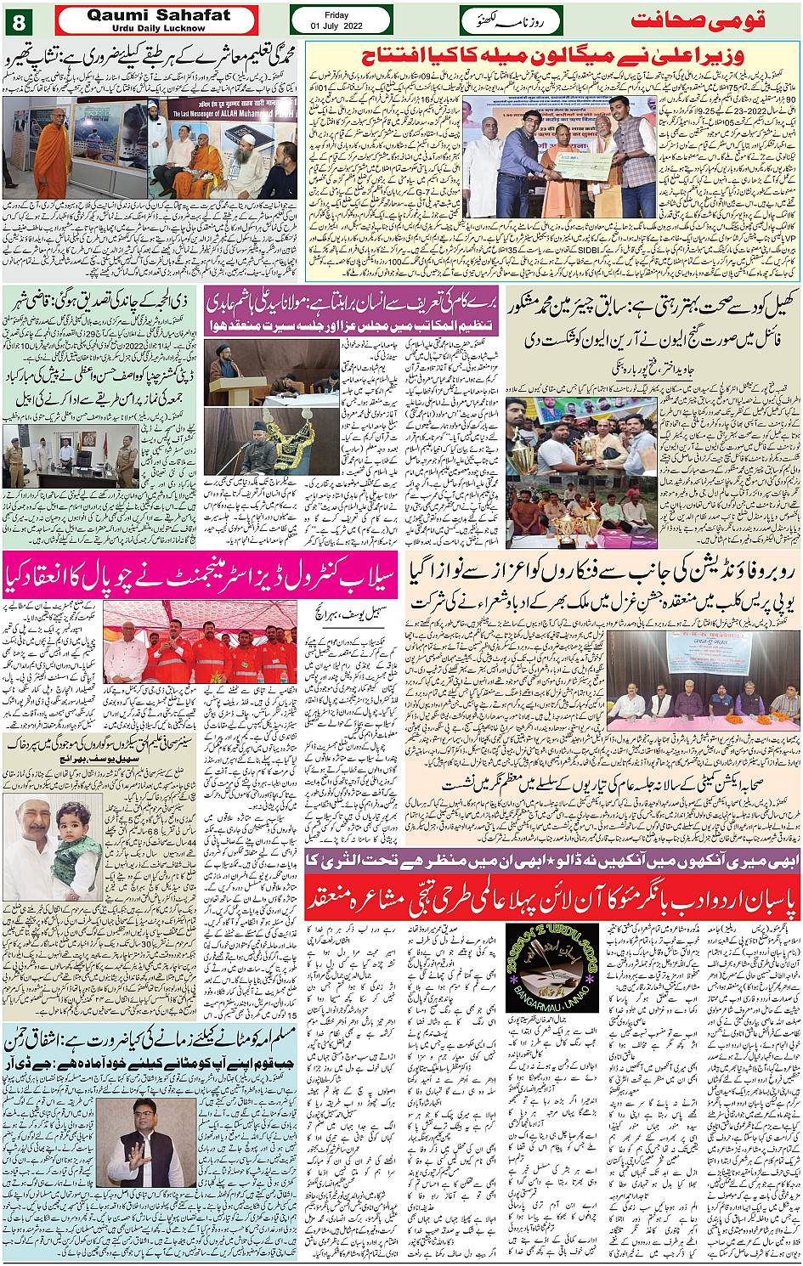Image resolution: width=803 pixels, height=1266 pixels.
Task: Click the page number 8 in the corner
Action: click(19, 20)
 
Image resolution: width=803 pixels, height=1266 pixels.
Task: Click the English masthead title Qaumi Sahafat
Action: click(158, 15)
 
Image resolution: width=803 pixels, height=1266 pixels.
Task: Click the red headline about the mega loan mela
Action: click(552, 57)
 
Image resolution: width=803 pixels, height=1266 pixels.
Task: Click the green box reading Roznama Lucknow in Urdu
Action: click(511, 20)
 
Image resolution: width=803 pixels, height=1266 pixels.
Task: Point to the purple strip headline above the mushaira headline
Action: click(552, 861)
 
